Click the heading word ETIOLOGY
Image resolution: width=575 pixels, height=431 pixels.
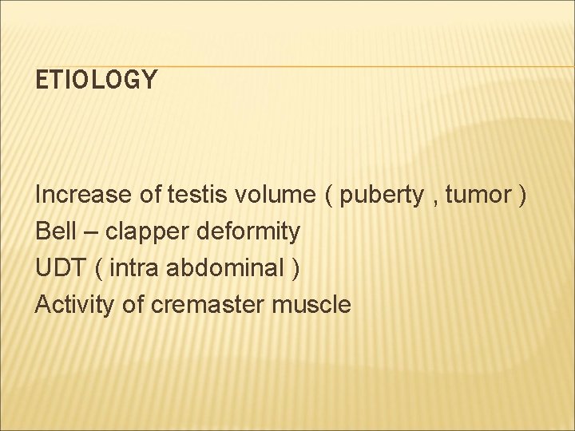pos(97,80)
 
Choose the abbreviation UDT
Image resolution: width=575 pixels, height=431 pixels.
pos(60,267)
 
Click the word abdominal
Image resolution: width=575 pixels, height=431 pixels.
pos(226,267)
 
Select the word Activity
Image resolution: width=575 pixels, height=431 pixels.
pos(74,304)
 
